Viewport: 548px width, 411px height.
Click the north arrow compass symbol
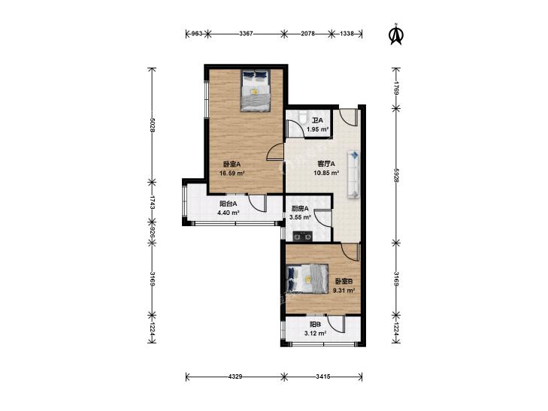(x=396, y=35)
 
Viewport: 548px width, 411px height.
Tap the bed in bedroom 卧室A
(x=256, y=91)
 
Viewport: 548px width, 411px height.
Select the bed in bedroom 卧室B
(x=307, y=278)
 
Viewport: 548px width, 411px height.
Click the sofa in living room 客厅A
(x=354, y=174)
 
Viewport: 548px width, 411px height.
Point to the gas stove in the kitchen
(x=303, y=237)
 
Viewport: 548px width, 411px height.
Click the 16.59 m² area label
(x=232, y=174)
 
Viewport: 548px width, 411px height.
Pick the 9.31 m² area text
(x=344, y=290)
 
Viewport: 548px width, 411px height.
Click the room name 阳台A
(x=229, y=204)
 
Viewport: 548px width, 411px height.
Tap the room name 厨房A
(x=300, y=209)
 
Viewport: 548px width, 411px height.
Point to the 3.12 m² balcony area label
(x=315, y=334)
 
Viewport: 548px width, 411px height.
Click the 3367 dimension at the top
(x=246, y=34)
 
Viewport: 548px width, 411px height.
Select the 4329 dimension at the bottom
(x=235, y=376)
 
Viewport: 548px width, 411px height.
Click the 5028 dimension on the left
(x=152, y=125)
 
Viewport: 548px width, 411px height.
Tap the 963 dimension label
(x=198, y=34)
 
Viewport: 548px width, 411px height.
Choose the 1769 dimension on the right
(x=396, y=88)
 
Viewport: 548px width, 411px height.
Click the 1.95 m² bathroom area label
(x=318, y=129)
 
